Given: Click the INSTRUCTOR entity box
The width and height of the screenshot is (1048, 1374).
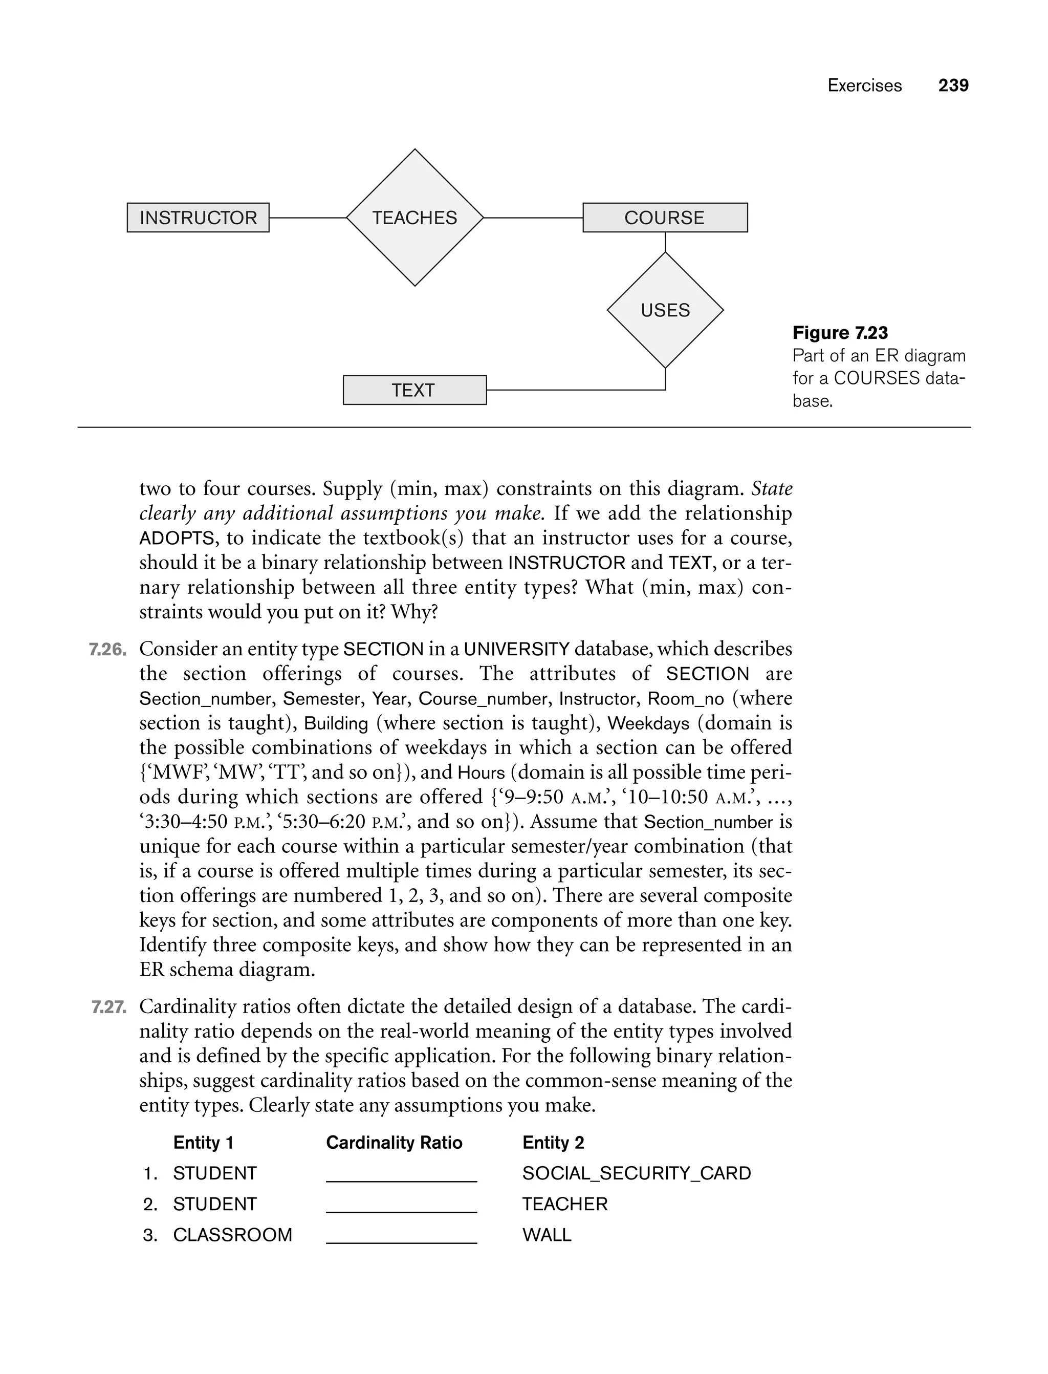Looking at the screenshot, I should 198,218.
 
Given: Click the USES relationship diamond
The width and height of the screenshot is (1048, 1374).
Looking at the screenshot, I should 665,310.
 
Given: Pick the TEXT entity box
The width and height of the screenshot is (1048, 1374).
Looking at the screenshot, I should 414,390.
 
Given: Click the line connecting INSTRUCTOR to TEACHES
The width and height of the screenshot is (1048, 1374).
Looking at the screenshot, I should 308,218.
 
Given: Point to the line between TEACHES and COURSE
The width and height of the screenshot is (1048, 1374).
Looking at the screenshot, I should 533,218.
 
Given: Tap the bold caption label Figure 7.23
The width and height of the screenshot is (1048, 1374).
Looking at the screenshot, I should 840,333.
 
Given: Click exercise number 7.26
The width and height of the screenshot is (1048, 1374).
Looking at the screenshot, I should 107,650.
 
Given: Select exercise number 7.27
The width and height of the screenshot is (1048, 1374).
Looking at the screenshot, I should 108,1007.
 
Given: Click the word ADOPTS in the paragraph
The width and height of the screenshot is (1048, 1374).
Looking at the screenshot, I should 177,538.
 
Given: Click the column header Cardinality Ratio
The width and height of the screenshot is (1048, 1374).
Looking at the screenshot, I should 394,1143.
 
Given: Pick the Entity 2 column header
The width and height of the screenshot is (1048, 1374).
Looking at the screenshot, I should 553,1143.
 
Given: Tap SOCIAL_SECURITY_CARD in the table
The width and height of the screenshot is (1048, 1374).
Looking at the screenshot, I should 636,1173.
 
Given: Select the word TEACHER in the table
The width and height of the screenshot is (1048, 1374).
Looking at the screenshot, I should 564,1204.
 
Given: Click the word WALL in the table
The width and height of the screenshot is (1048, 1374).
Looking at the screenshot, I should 547,1235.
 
